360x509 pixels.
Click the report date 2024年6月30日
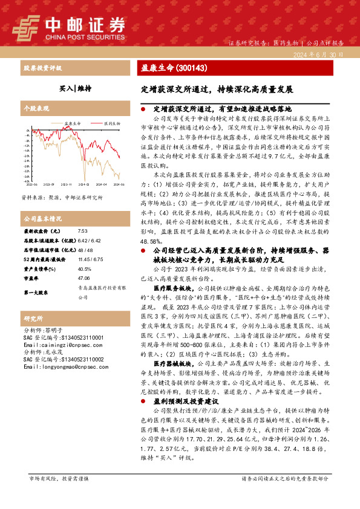324,54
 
